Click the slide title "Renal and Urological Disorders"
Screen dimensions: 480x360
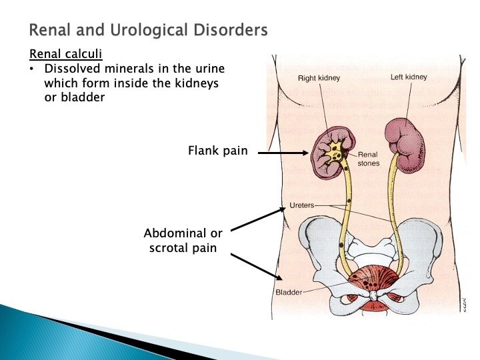(148, 30)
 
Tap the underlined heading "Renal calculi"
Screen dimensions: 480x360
(62, 55)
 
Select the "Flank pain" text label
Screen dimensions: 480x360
(218, 151)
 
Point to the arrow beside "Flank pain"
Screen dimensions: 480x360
(283, 153)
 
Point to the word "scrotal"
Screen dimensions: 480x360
(171, 249)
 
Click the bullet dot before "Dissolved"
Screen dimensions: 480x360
(32, 69)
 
